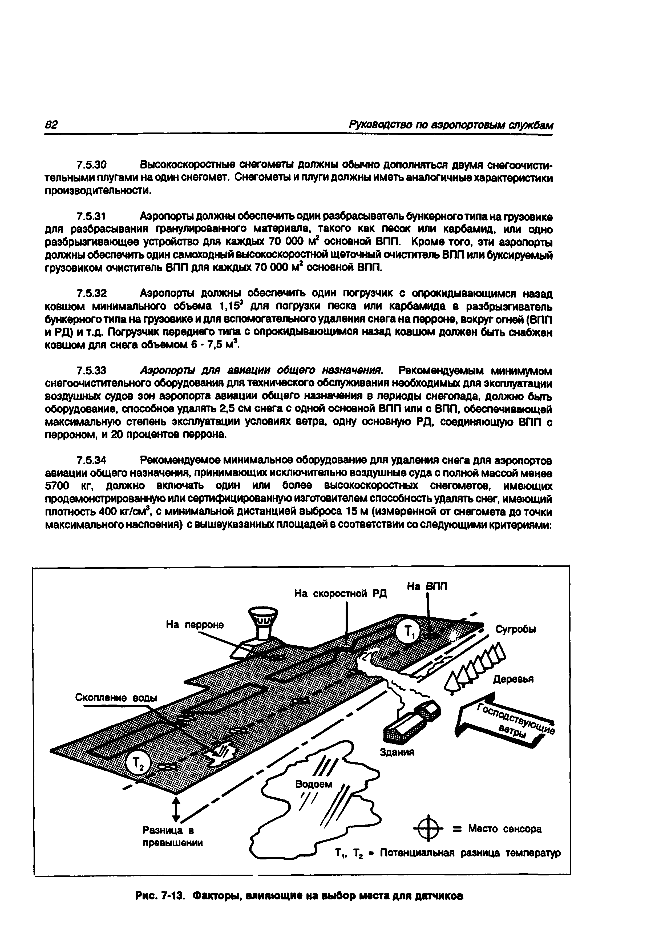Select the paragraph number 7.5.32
coord(92,294)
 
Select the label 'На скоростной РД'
coord(341,594)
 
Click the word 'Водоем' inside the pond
coord(313,785)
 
